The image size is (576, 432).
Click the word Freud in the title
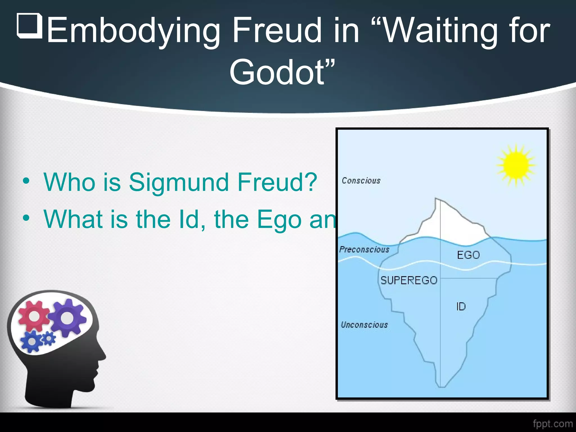click(277, 30)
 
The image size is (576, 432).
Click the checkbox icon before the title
click(30, 26)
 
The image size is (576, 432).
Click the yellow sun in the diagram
click(516, 165)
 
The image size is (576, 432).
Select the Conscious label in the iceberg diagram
click(361, 181)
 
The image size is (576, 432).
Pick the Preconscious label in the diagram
click(364, 249)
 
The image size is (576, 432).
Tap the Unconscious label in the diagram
click(364, 325)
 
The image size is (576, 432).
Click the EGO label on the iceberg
click(468, 255)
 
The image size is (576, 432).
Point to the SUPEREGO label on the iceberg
click(409, 280)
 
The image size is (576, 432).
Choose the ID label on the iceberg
click(461, 307)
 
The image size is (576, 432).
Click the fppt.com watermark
click(553, 424)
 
